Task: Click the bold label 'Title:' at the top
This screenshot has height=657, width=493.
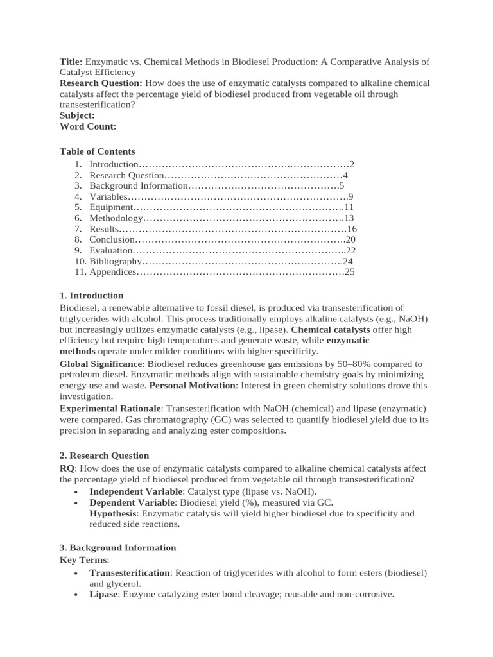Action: point(71,62)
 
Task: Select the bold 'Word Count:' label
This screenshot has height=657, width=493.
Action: point(88,126)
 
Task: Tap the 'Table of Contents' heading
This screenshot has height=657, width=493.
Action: point(98,151)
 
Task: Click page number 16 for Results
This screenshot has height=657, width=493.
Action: point(351,229)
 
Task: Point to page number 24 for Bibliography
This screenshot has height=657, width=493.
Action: point(347,261)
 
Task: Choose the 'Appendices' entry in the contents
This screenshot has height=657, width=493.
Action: point(113,272)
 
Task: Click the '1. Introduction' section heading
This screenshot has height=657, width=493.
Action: point(92,296)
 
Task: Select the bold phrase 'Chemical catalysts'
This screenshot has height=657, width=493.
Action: point(330,330)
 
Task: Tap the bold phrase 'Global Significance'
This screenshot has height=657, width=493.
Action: point(101,364)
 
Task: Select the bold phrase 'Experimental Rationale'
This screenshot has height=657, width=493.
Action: point(109,409)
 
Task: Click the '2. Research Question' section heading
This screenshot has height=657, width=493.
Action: point(104,456)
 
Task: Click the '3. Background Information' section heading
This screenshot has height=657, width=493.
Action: point(117,548)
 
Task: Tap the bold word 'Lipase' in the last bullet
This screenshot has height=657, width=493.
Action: point(103,594)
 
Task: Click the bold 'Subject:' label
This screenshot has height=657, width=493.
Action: point(77,115)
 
